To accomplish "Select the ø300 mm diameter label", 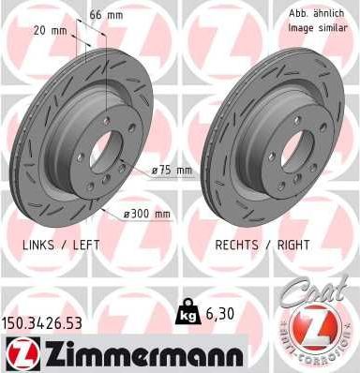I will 148,214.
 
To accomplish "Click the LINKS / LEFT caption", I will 59,244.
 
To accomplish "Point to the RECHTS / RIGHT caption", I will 263,244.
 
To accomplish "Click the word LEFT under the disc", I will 84,244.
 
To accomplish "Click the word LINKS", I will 36,244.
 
